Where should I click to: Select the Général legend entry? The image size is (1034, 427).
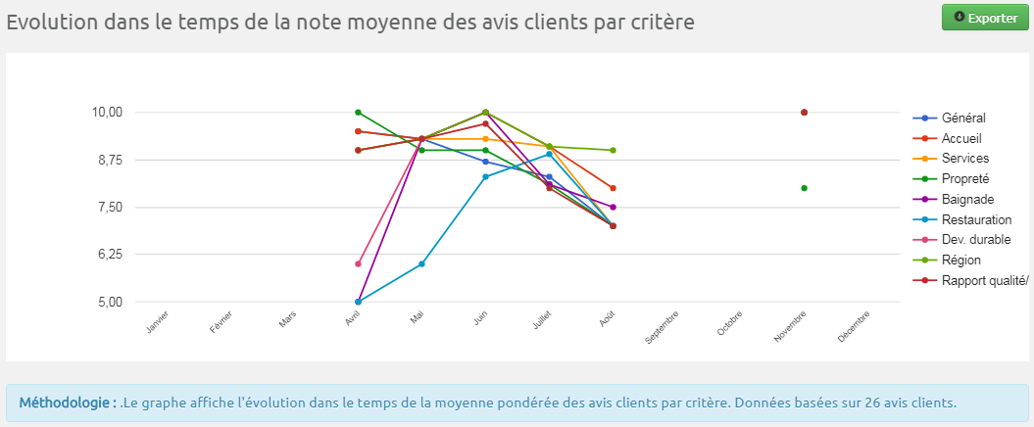tap(962, 119)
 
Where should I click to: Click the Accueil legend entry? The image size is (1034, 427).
tap(960, 138)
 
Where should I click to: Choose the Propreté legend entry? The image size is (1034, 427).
tap(964, 178)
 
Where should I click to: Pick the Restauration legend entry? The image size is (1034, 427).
tap(975, 219)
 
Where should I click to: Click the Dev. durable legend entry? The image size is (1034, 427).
tap(975, 239)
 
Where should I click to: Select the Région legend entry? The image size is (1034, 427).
tap(960, 260)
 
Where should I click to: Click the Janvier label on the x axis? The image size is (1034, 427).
tap(158, 322)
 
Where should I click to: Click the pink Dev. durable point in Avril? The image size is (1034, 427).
tap(359, 264)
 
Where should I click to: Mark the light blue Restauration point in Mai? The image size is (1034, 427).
tap(421, 264)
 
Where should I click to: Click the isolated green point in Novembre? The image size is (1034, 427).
tap(804, 188)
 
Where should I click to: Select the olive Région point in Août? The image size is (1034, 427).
tap(613, 151)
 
